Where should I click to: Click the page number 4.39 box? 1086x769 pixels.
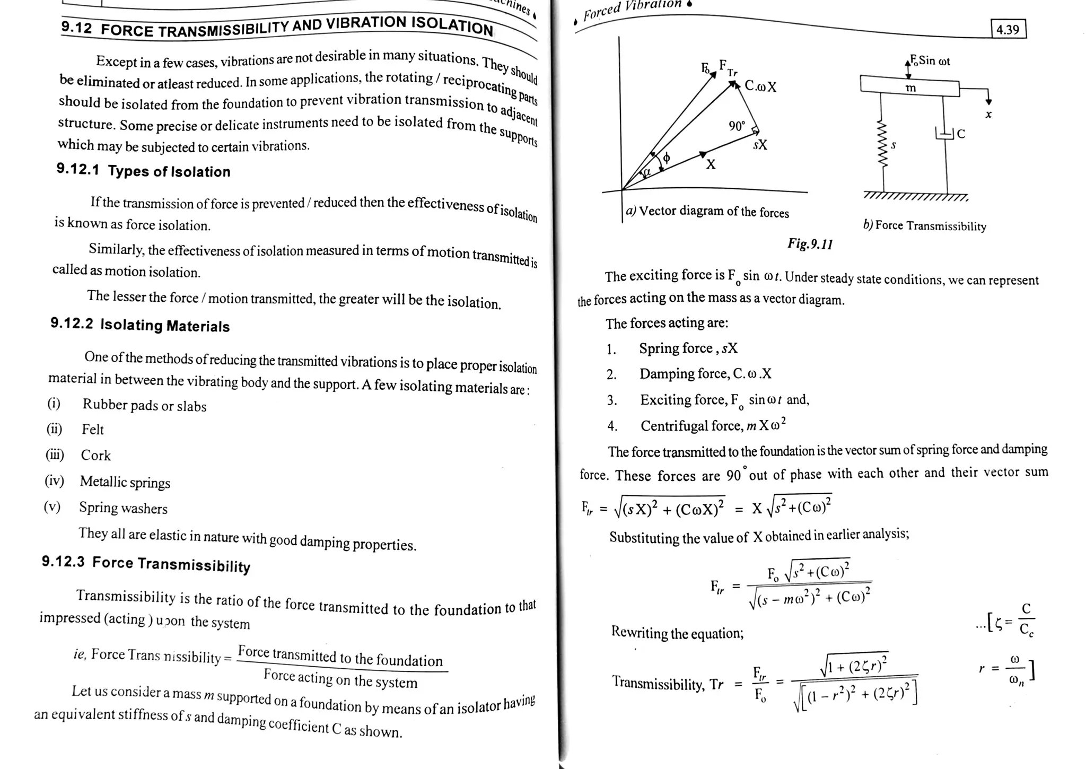click(1008, 29)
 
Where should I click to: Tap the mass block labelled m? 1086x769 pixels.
click(910, 86)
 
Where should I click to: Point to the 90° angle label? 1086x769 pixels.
click(737, 126)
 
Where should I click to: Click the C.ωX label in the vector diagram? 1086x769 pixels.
click(760, 86)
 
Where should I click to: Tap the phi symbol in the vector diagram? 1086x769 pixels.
click(667, 158)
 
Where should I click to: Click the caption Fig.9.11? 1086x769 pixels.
click(810, 244)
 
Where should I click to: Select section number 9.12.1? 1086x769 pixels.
click(78, 169)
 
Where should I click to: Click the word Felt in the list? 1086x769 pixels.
click(93, 430)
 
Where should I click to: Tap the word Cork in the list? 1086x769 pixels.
click(95, 456)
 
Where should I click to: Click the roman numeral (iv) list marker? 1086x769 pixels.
click(54, 481)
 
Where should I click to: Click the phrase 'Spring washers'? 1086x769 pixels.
click(123, 508)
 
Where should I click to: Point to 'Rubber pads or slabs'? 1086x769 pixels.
click(144, 406)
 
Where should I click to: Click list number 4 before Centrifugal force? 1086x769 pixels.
click(612, 426)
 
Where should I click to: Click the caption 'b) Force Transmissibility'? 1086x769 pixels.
click(925, 225)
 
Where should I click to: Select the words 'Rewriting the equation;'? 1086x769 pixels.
click(677, 633)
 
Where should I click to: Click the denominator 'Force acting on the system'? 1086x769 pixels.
click(340, 678)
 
